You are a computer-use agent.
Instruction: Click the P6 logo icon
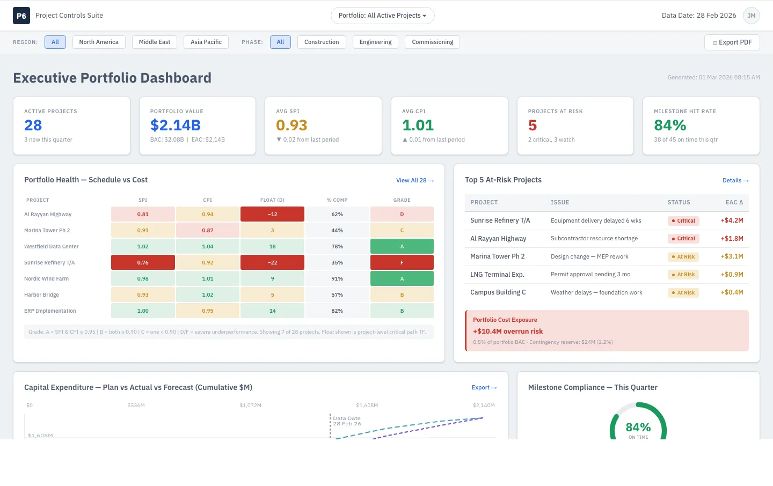click(21, 16)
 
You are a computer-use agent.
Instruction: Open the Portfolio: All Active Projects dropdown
click(382, 16)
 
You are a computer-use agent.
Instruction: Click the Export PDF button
click(732, 42)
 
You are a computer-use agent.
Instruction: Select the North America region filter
click(99, 42)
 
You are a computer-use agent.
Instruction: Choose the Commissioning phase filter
click(433, 42)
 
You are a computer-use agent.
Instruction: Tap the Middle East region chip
click(154, 42)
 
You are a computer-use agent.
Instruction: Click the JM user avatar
click(752, 16)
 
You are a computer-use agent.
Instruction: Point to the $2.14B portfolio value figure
click(176, 125)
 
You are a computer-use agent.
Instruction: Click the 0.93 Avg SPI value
click(291, 125)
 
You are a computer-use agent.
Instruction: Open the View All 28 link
click(415, 180)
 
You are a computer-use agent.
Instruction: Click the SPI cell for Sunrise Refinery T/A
click(143, 262)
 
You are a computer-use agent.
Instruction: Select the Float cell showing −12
click(272, 214)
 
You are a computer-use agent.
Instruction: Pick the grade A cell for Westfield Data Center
click(402, 246)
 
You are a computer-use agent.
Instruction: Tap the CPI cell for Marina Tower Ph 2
click(207, 231)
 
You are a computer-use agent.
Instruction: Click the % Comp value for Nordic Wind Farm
click(337, 279)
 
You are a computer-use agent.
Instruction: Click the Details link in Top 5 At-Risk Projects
click(735, 180)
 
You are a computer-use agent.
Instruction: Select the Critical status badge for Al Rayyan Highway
click(683, 238)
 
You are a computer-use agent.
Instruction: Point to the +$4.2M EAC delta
click(732, 220)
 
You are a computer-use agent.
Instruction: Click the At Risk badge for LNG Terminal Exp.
click(683, 275)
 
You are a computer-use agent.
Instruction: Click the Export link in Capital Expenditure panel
click(484, 387)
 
